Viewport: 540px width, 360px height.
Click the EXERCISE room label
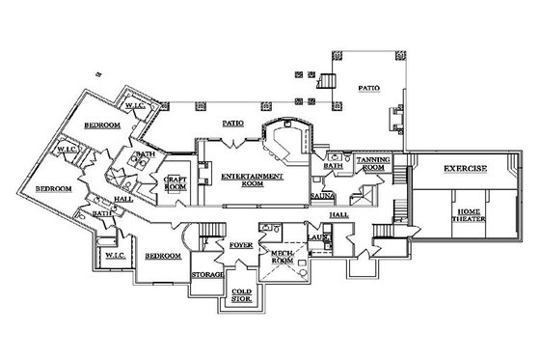click(465, 169)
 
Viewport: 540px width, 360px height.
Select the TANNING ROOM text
click(371, 164)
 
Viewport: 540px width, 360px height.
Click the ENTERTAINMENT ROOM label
click(252, 180)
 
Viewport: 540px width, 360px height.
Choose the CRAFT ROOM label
click(175, 183)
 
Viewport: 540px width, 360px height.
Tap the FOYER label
click(240, 246)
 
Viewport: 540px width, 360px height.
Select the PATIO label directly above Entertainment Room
click(231, 124)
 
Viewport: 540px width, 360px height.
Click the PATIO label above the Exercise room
click(369, 88)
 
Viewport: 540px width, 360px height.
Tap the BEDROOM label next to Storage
click(163, 256)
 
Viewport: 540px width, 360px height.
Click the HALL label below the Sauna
click(338, 214)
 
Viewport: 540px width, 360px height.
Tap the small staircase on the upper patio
click(325, 80)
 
